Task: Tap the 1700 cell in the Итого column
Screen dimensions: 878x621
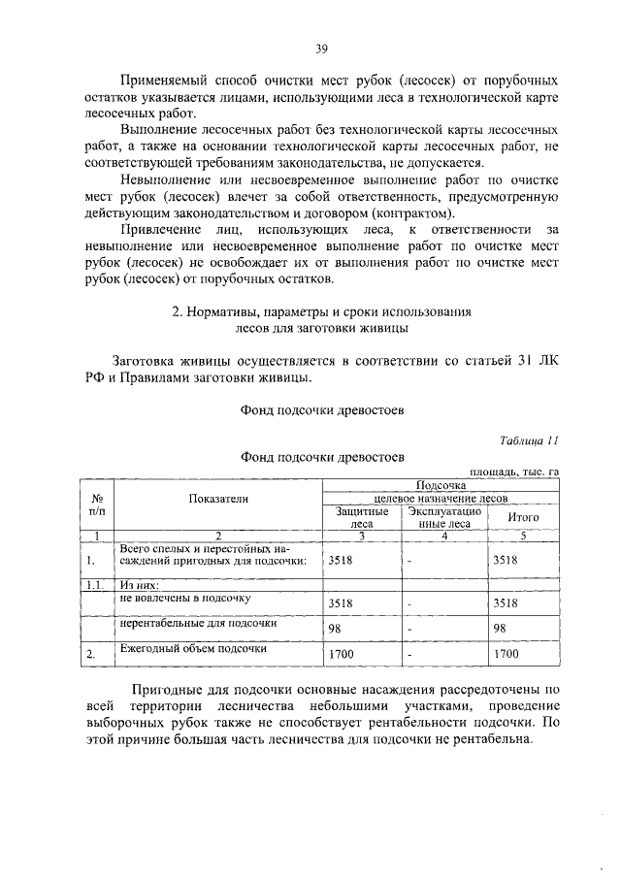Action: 506,656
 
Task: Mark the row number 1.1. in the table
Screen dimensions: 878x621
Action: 93,585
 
